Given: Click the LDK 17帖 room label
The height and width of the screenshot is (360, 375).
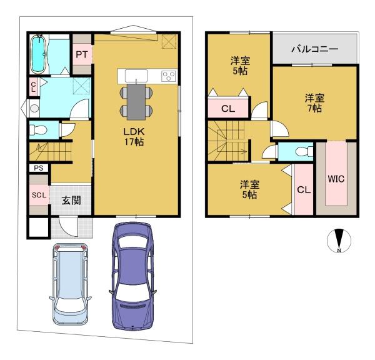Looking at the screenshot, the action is pos(134,137).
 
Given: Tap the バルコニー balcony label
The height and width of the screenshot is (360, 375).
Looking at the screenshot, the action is pos(314,49).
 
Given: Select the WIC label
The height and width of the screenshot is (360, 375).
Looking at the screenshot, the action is pos(336,179).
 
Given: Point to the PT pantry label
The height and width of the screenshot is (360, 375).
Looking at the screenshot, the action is pos(82,55).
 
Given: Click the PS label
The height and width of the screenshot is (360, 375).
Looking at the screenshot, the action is pos(39,168).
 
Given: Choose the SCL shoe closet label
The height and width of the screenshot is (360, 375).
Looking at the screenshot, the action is pos(39,195).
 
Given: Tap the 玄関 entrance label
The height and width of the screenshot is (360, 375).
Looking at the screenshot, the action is pos(71,201).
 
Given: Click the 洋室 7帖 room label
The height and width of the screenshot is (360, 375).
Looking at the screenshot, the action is pos(314,103).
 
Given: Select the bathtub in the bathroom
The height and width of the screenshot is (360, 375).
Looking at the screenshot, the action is pos(37,54).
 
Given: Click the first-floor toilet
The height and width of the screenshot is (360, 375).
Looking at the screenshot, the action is pos(38,130).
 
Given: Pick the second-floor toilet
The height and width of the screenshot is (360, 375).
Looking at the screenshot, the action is pos(304,151).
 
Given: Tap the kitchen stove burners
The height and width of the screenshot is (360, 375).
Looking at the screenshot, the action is pos(169,76).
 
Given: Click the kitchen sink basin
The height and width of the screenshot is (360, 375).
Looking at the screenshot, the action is pos(136,76).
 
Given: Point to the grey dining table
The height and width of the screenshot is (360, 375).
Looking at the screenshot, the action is pos(136,102).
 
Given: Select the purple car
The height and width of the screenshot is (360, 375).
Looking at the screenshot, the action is pos(132,276).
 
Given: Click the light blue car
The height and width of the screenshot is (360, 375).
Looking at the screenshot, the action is pos(71,284).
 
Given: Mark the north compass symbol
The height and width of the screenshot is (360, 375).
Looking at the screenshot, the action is pos(339,241).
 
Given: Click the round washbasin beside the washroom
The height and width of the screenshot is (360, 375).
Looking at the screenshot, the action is pos(34,108).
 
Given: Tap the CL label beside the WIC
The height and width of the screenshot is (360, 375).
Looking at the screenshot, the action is pos(304,190).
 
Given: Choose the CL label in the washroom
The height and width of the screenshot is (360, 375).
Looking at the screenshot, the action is pos(34,87).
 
